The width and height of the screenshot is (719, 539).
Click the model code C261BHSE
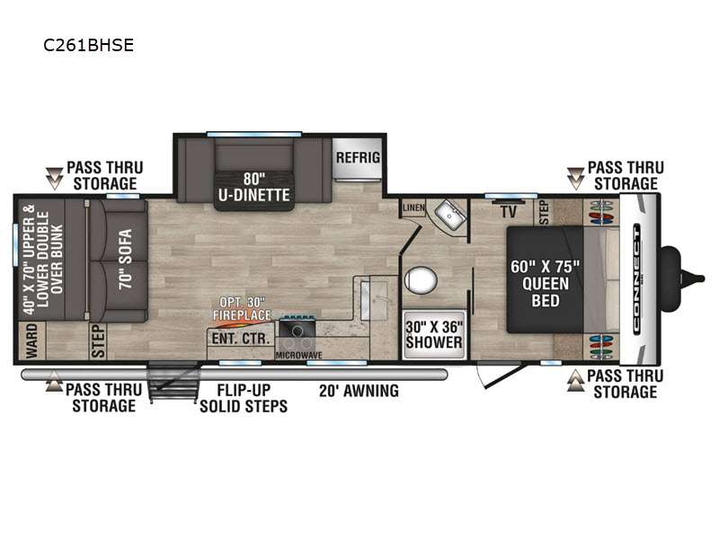pos(88,45)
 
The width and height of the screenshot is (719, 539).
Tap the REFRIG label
pos(358,158)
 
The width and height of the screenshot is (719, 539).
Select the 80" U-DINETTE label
pos(254,187)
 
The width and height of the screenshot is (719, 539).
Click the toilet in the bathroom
pos(420,280)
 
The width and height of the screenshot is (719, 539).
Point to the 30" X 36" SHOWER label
pos(434,334)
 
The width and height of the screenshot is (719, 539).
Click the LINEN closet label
pos(413,208)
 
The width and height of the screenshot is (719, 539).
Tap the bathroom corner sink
pos(449,214)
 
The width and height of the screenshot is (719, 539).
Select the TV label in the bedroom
pos(509,211)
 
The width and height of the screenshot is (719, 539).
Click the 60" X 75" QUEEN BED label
pos(546,284)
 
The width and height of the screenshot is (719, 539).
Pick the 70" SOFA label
pos(125,259)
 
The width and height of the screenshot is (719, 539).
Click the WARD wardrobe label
pos(31,340)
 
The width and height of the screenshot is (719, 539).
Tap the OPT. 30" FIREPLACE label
pos(242,309)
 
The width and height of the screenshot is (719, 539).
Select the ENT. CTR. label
pos(240,339)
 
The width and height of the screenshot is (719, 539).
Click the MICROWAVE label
pos(298,355)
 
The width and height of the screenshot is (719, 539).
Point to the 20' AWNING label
pos(359,391)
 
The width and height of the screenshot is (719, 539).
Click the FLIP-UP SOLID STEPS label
pos(244,398)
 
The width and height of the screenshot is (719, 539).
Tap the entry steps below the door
pos(174,381)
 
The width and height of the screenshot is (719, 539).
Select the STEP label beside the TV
pos(545,212)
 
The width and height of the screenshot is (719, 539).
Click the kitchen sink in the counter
pos(374,301)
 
